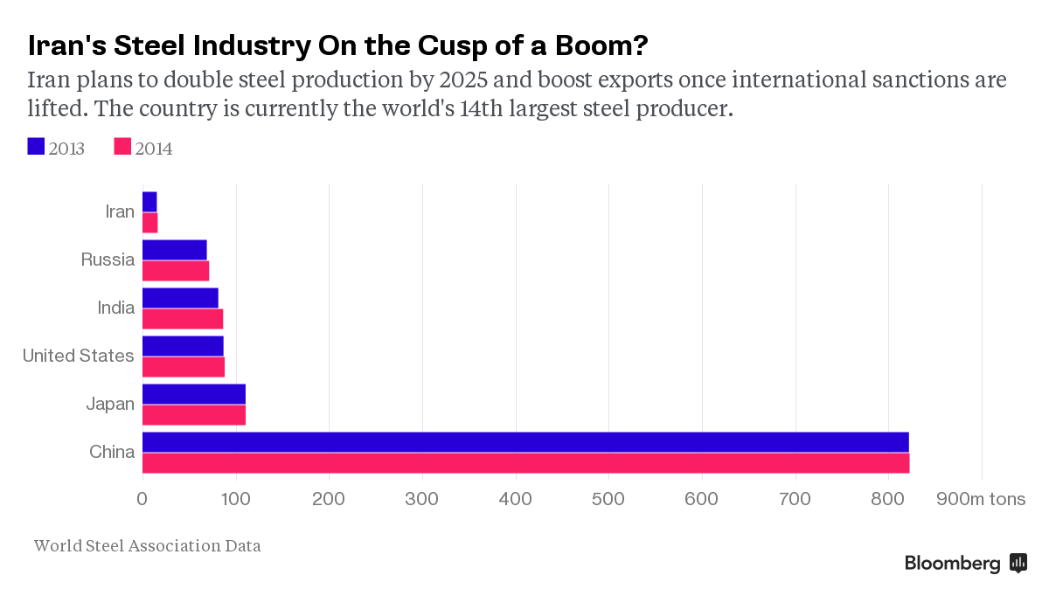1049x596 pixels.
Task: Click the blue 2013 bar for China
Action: [x=524, y=442]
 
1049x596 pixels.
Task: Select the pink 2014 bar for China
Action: [x=524, y=462]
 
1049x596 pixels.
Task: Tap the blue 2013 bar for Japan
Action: [x=193, y=394]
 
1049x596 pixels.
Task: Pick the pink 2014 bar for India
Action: [x=182, y=319]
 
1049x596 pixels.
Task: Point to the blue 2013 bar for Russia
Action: [x=174, y=250]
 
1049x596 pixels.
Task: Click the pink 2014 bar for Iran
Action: [x=149, y=223]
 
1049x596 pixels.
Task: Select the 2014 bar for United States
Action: [x=183, y=367]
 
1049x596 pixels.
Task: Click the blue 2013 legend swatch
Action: [x=36, y=147]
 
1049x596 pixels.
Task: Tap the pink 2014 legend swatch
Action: [x=122, y=147]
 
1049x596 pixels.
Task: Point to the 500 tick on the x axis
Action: [x=608, y=500]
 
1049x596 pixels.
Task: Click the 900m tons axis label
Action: [x=981, y=500]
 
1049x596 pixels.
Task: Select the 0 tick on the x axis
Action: [x=142, y=500]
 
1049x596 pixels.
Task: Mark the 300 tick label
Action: [x=422, y=500]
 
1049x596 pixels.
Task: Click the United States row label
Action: [x=78, y=356]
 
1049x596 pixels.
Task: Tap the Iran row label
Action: [x=120, y=211]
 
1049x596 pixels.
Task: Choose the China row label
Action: [x=112, y=452]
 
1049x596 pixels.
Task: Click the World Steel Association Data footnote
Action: [x=147, y=546]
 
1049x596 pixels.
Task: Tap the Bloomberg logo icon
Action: [x=1018, y=563]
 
